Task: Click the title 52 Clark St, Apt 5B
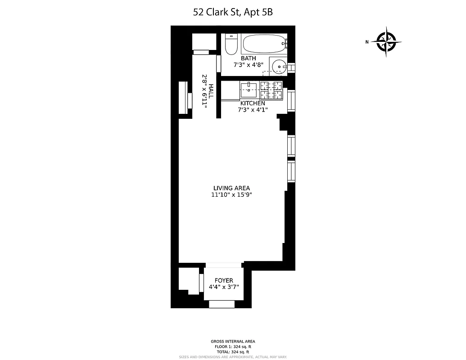pos(233,12)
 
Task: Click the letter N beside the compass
pos(367,42)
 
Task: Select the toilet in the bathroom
pos(231,44)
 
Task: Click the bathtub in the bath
pos(264,44)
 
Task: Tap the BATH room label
pos(248,58)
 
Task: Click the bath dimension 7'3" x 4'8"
pos(248,65)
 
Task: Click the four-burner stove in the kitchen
pos(271,90)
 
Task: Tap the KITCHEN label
pos(252,103)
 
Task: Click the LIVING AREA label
pos(231,188)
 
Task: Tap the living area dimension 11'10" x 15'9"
pos(231,195)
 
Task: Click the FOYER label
pos(224,280)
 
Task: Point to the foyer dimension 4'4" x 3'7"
pos(224,287)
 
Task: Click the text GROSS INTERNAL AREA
pos(233,342)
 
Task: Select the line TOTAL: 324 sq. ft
pos(233,352)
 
